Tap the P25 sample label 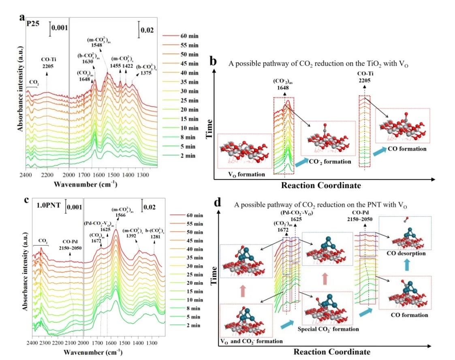(33, 24)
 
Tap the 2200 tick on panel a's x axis (47, 175)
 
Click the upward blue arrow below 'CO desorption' (405, 266)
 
